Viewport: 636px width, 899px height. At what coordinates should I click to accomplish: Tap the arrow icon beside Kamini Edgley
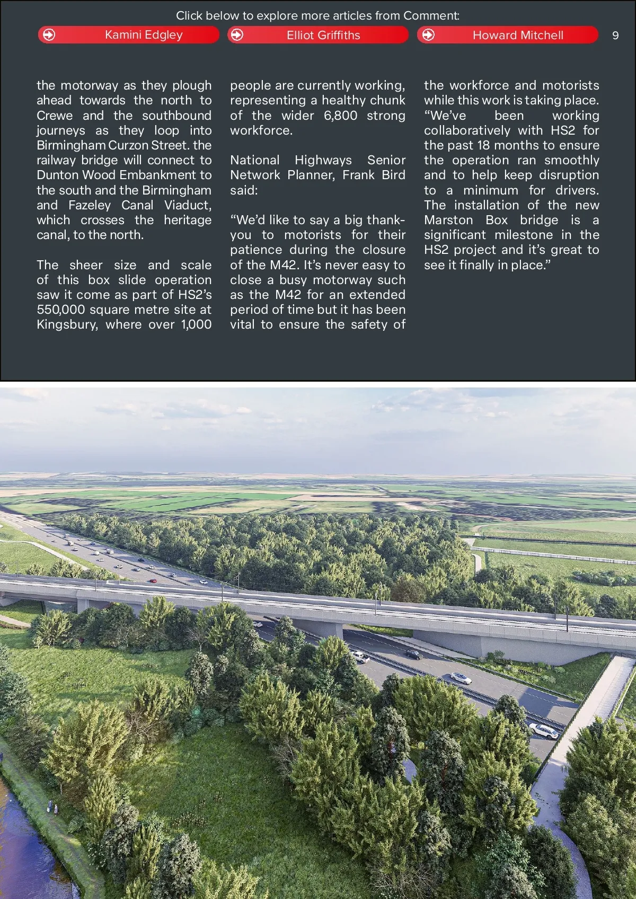coord(49,35)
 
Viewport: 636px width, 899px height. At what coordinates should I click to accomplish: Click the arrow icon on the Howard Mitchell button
coord(428,35)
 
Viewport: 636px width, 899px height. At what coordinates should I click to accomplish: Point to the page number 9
coord(615,36)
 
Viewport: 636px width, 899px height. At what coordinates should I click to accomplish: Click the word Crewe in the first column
coord(55,116)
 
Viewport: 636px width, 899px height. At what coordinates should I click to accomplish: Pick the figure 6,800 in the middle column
coord(340,116)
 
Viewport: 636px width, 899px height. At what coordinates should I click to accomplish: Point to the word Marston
coord(448,220)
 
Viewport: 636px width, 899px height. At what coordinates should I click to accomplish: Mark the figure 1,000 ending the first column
coord(196,324)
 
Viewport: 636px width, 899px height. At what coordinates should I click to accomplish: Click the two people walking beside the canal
coord(52,807)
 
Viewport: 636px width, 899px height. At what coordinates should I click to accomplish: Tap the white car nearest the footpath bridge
coord(544,730)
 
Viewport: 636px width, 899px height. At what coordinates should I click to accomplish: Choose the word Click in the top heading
coord(189,16)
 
